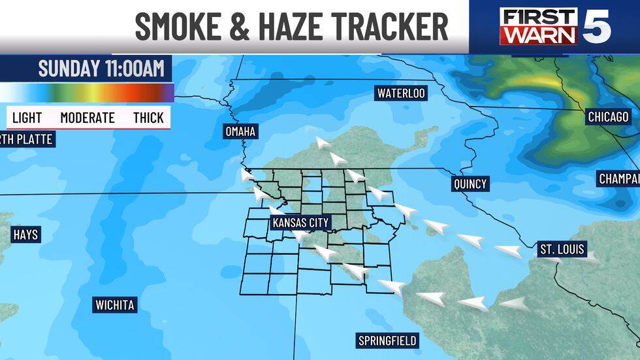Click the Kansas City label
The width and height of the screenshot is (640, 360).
(301, 223)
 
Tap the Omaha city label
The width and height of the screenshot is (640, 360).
(240, 132)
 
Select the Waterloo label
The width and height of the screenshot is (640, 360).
(401, 93)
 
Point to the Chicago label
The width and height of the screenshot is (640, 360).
(607, 117)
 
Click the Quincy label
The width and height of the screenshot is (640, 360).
(470, 184)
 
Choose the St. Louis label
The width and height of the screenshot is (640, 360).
(562, 249)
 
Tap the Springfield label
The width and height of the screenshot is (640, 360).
(387, 340)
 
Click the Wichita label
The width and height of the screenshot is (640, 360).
(114, 305)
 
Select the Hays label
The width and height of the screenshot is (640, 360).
(25, 235)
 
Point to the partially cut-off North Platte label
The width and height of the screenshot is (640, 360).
(25, 139)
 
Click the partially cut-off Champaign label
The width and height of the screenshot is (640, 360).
(619, 178)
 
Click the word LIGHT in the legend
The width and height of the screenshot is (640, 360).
(27, 118)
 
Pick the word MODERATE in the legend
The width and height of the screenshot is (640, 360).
(88, 118)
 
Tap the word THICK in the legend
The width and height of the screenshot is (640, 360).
(148, 118)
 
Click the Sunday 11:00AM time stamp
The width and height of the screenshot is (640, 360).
(101, 69)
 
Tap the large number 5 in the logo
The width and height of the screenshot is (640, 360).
(598, 26)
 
